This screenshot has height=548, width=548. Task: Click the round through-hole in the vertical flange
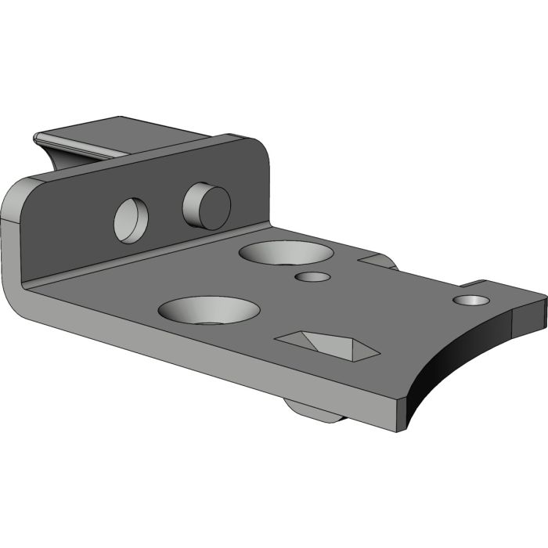132,218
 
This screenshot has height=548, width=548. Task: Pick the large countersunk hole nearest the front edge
209,309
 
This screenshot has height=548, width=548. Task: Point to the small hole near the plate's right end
471,300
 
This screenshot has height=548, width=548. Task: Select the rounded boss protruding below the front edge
313,411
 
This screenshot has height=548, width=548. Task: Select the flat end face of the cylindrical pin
215,208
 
